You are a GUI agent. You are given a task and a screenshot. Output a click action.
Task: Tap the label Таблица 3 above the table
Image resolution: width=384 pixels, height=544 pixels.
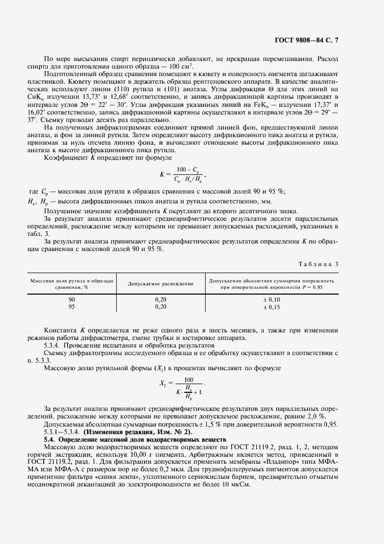point(319,248)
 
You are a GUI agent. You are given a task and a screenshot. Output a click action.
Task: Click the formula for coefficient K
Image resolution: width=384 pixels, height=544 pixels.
point(182,174)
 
